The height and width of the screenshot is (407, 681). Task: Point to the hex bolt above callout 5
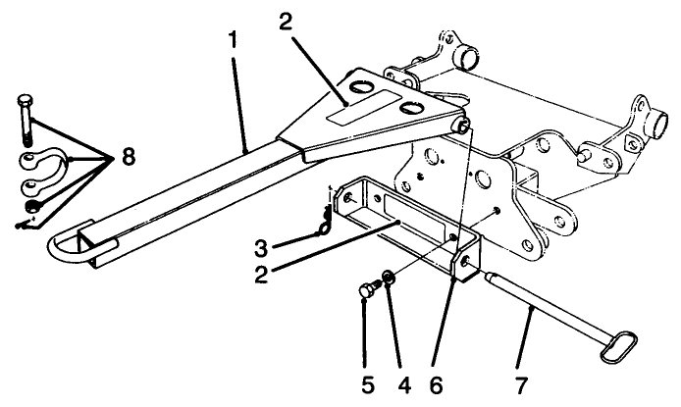(x=368, y=290)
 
